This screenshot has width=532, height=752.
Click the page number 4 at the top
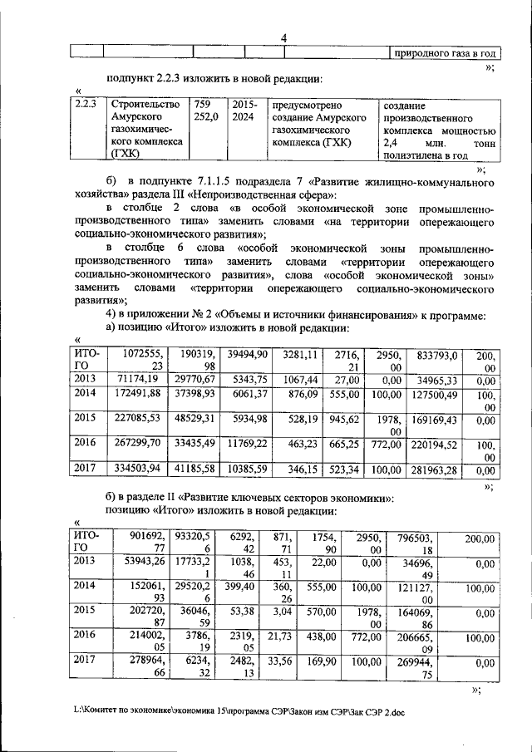tap(283, 37)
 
